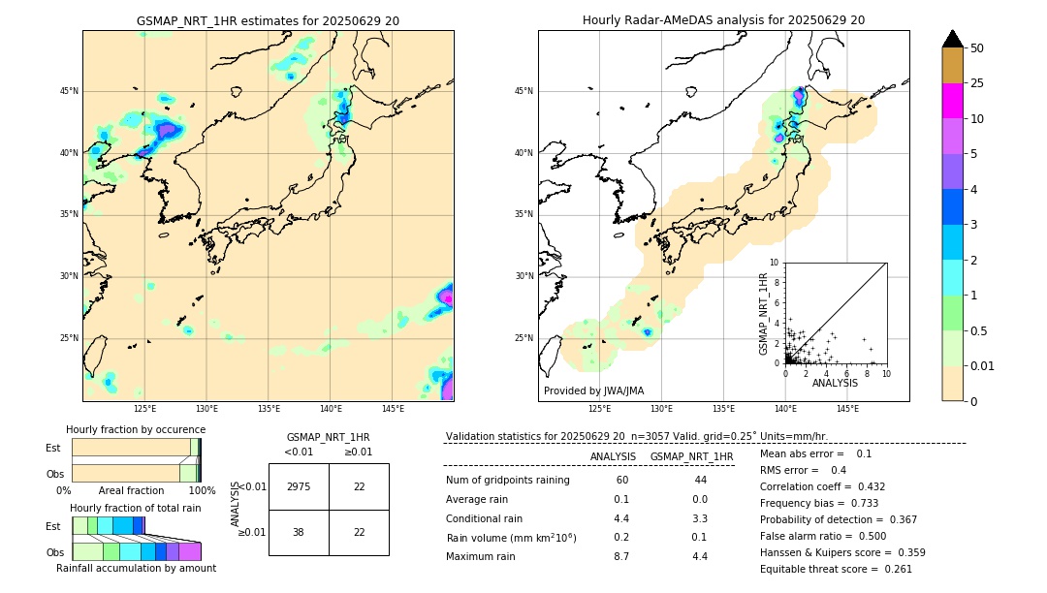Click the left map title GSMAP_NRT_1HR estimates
pyautogui.click(x=268, y=20)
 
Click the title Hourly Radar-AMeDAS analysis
pyautogui.click(x=723, y=20)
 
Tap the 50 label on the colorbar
pyautogui.click(x=977, y=47)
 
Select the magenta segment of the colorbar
pyautogui.click(x=952, y=101)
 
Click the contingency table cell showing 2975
pyautogui.click(x=299, y=486)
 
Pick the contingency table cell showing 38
pyautogui.click(x=299, y=532)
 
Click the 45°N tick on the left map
pyautogui.click(x=69, y=91)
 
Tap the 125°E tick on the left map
pyautogui.click(x=144, y=409)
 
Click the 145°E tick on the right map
pyautogui.click(x=847, y=409)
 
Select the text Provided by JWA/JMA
pyautogui.click(x=593, y=390)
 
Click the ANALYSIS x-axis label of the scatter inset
pyautogui.click(x=835, y=383)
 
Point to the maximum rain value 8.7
pyautogui.click(x=620, y=556)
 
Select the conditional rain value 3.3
pyautogui.click(x=699, y=518)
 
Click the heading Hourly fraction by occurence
pyautogui.click(x=136, y=429)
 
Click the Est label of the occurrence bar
pyautogui.click(x=53, y=448)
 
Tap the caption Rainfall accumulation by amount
pyautogui.click(x=136, y=568)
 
